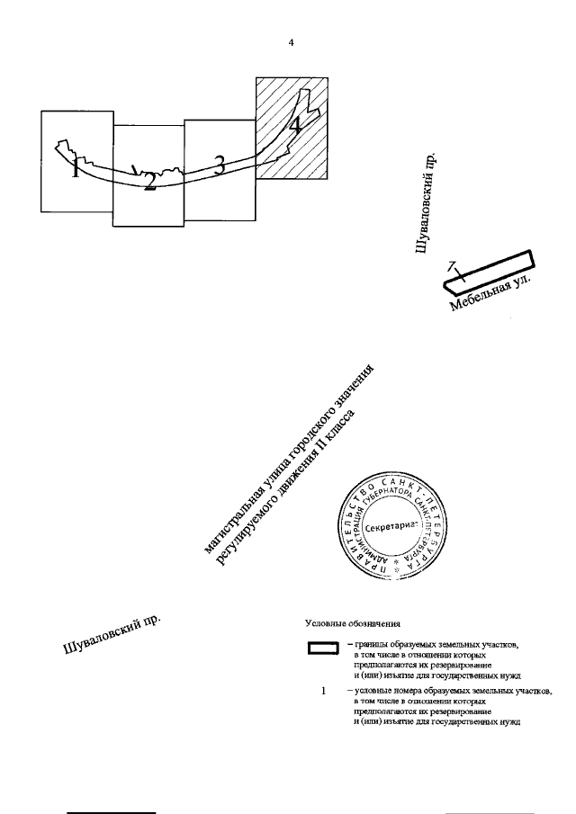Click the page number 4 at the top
(x=291, y=42)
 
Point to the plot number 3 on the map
(x=218, y=164)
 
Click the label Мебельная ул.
(x=491, y=295)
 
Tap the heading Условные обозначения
(x=352, y=622)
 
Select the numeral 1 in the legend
(x=323, y=691)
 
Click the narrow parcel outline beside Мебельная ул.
(x=490, y=272)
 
